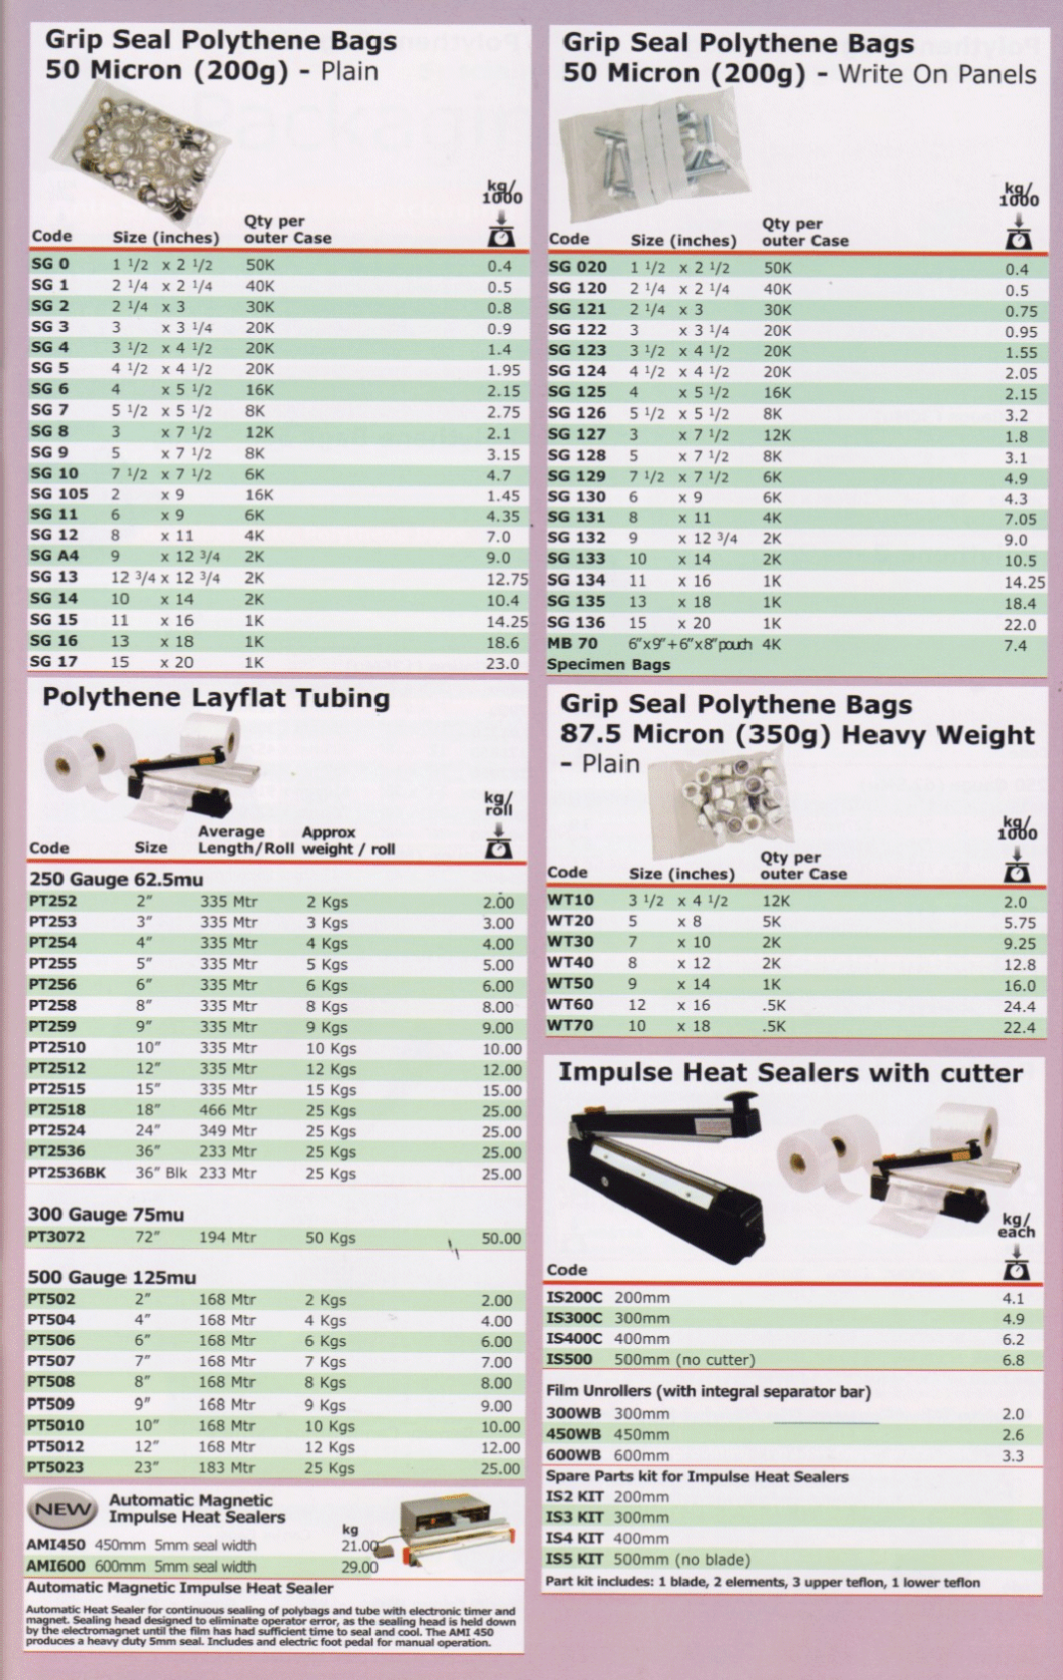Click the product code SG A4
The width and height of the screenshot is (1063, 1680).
(54, 556)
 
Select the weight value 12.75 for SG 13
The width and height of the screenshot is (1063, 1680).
(507, 579)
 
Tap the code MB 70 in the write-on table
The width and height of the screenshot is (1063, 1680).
(572, 644)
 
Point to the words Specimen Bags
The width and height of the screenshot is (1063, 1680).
(608, 665)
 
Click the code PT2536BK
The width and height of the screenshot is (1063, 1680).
(67, 1174)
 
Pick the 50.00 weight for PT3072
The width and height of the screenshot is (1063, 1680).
(502, 1238)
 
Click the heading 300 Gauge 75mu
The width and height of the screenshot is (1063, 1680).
(106, 1214)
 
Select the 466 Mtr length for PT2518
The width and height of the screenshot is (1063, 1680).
(227, 1110)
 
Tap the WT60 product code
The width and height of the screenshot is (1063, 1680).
(570, 1005)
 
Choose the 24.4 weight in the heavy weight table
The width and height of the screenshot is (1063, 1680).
(1019, 1007)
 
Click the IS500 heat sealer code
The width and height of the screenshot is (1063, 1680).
(569, 1360)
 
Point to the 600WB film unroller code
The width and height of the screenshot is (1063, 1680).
(573, 1456)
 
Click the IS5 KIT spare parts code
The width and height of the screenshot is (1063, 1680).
(574, 1559)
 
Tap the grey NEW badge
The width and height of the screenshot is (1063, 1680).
(64, 1510)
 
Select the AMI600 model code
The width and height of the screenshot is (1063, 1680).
(56, 1566)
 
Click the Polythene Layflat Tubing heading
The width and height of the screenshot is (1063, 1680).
(215, 698)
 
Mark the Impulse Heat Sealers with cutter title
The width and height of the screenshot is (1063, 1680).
(790, 1073)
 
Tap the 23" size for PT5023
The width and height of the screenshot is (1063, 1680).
(147, 1468)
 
